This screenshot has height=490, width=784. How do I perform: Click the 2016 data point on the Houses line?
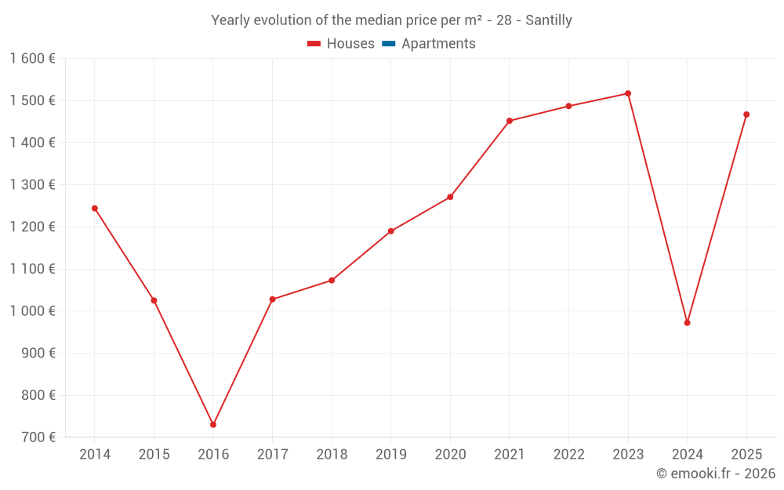[213, 424]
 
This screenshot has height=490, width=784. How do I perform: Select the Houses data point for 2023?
[628, 93]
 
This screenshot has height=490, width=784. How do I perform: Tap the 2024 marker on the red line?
[688, 323]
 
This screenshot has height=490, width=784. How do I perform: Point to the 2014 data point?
[95, 209]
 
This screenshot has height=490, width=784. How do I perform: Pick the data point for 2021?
[510, 121]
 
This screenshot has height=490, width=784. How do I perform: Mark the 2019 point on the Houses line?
[391, 231]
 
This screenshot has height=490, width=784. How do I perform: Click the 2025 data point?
[746, 114]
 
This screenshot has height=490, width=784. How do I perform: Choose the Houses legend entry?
[341, 43]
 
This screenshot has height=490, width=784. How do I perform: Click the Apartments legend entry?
[429, 43]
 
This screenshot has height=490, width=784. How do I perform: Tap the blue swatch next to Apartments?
[389, 44]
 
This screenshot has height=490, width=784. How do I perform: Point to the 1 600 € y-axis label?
[32, 59]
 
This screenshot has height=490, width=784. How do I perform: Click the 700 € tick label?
[38, 437]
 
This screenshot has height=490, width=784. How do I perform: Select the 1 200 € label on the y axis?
[32, 227]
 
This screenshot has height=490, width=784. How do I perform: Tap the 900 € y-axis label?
[38, 354]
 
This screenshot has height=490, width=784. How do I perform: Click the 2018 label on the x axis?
[332, 455]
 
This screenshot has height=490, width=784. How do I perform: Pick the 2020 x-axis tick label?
[451, 455]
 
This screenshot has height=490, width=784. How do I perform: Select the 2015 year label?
[154, 455]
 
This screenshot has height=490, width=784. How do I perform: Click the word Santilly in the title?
[549, 20]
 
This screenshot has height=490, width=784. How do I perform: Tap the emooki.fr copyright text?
[716, 473]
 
